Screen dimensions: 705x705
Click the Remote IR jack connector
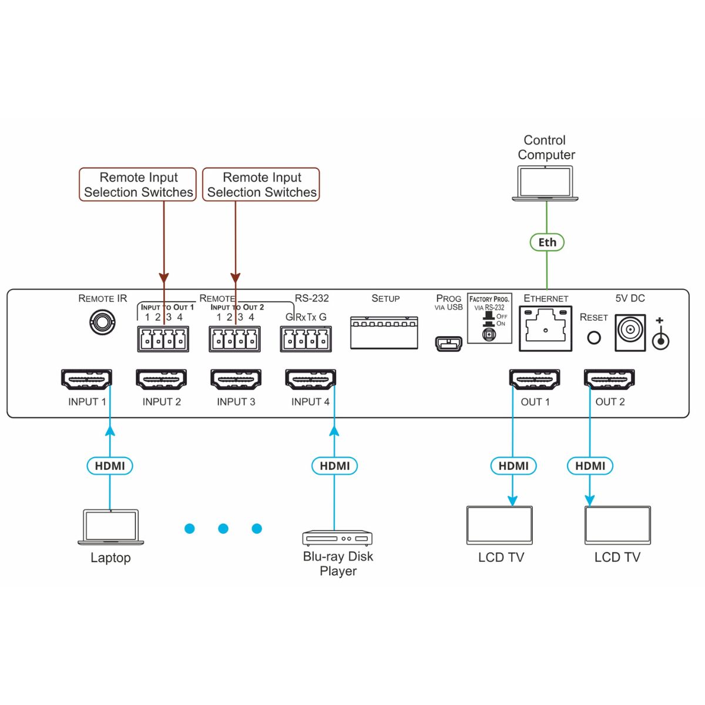[101, 323]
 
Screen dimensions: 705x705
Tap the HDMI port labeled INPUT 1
[86, 380]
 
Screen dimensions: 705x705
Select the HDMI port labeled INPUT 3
[236, 380]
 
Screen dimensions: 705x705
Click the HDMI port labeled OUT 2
[609, 380]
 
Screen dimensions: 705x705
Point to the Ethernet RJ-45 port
[545, 328]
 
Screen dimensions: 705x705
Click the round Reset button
[594, 338]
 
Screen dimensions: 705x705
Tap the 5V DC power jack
[630, 333]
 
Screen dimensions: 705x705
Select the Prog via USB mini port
[448, 343]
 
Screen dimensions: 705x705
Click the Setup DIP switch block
[384, 333]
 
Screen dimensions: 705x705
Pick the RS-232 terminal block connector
[305, 340]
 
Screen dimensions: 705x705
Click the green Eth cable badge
[547, 242]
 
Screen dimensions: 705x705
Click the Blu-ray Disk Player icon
[337, 538]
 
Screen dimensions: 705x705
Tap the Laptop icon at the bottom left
[111, 526]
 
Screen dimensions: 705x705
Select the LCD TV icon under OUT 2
[617, 525]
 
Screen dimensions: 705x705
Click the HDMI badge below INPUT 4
[334, 466]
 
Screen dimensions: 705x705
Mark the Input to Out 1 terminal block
[163, 340]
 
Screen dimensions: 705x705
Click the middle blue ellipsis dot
[223, 529]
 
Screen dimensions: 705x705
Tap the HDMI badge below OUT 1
[513, 466]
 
